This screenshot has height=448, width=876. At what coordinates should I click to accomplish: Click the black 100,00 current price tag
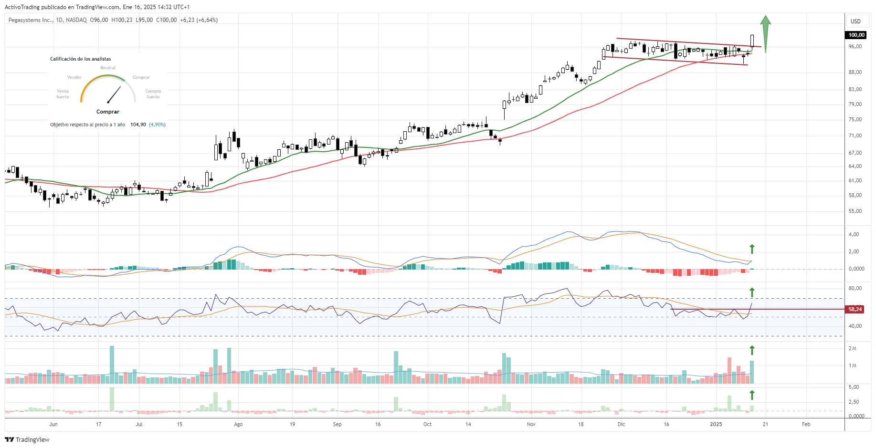coord(856,35)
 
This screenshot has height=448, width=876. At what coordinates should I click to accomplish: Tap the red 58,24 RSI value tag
coord(855,309)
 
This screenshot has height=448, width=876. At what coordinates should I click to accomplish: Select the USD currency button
coord(855,21)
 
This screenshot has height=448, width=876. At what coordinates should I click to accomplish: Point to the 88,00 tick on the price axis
coord(855,72)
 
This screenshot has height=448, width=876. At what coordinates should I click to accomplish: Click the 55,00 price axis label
coord(855,211)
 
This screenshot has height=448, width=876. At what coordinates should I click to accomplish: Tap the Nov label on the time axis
coord(531,424)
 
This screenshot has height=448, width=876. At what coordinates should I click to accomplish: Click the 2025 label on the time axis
coord(716,424)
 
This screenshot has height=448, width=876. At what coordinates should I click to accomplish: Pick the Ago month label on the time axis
coord(238,424)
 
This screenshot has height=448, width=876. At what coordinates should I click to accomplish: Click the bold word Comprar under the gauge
coord(108,112)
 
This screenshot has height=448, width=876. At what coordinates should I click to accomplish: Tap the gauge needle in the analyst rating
coord(114,94)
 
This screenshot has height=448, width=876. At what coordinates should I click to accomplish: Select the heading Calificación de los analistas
coord(81,59)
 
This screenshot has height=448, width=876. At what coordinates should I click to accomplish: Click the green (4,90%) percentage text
coord(157,125)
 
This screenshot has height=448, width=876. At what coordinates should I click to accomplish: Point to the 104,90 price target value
coord(138,125)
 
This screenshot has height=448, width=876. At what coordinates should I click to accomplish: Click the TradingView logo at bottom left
coord(27,439)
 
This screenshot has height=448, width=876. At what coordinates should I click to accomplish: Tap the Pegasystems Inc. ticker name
coord(31,20)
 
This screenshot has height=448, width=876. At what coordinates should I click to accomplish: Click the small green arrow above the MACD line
coord(752,249)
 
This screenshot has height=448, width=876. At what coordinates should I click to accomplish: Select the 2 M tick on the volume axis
coord(852,348)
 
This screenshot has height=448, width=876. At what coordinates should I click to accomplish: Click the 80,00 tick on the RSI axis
coord(855,288)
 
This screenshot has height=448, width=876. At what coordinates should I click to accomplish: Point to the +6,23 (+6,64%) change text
coord(199,20)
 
